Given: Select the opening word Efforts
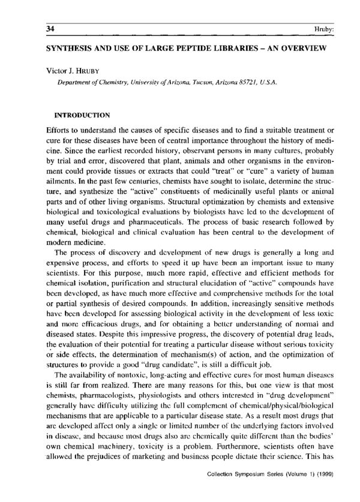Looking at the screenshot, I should pyautogui.click(x=58, y=130).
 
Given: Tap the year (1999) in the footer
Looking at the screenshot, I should pyautogui.click(x=326, y=491).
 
